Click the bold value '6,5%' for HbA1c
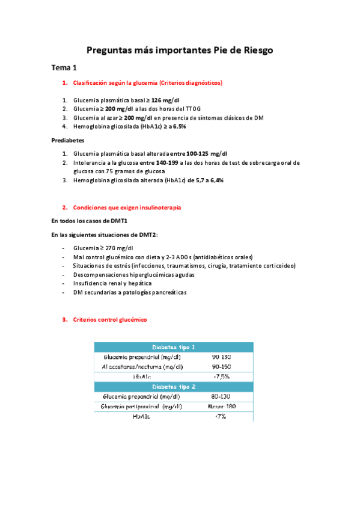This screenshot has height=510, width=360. click(178, 127)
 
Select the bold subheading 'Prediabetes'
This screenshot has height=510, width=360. click(68, 140)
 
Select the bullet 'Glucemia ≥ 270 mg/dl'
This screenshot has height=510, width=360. click(103, 248)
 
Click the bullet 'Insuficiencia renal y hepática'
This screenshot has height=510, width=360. click(112, 283)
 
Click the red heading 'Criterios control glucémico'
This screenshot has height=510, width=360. click(109, 320)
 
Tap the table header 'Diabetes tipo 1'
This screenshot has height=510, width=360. click(173, 347)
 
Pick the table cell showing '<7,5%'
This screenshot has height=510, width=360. click(222, 376)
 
